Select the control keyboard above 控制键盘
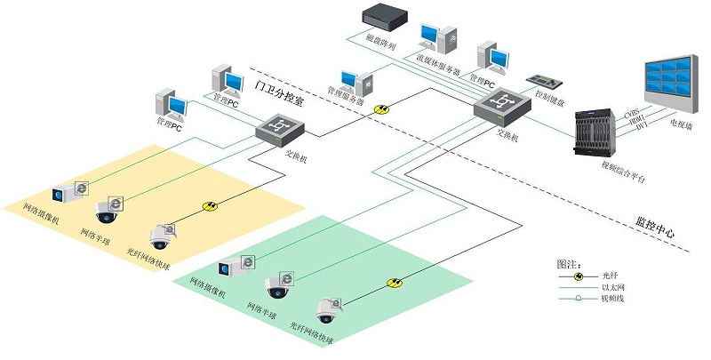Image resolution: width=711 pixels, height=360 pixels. [x=545, y=80]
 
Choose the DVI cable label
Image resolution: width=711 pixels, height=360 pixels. [x=638, y=131]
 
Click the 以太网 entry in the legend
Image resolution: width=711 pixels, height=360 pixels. [x=612, y=288]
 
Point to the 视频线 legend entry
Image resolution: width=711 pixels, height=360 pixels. [x=612, y=300]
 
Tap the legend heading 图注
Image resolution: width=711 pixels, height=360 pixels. [x=568, y=264]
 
